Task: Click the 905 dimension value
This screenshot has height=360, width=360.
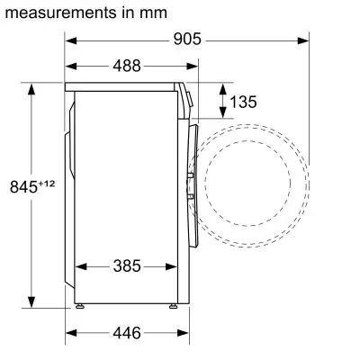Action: click(x=187, y=40)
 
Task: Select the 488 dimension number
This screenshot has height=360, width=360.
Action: click(x=131, y=66)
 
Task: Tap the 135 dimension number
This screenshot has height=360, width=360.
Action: click(x=243, y=102)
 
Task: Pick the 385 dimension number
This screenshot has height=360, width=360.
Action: click(x=126, y=266)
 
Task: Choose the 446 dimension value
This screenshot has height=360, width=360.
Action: click(x=126, y=333)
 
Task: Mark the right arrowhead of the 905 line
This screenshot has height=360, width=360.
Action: click(x=304, y=40)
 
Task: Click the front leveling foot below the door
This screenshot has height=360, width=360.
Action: click(x=171, y=307)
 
